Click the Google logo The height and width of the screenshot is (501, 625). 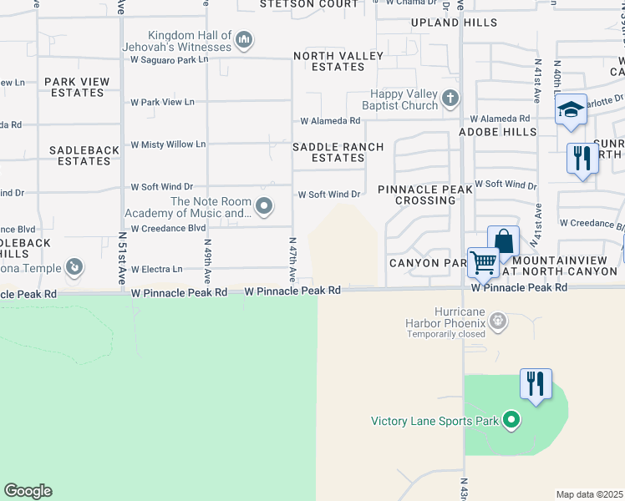pyautogui.click(x=28, y=491)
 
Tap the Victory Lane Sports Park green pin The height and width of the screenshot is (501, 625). pyautogui.click(x=512, y=421)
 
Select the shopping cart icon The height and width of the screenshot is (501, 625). pyautogui.click(x=483, y=262)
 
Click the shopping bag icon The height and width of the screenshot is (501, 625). pyautogui.click(x=503, y=241)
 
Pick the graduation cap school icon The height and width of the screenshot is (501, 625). pyautogui.click(x=571, y=110)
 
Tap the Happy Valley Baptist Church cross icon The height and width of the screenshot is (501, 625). pyautogui.click(x=450, y=99)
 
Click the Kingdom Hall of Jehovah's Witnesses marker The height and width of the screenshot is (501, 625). pyautogui.click(x=244, y=39)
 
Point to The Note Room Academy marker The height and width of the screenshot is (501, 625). pyautogui.click(x=264, y=205)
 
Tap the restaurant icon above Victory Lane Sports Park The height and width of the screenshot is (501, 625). pyautogui.click(x=535, y=384)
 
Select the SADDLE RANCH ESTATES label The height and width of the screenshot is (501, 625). pyautogui.click(x=338, y=152)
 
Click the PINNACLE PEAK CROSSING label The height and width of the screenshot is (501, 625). pyautogui.click(x=425, y=195)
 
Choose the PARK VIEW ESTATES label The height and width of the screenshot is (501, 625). pyautogui.click(x=76, y=87)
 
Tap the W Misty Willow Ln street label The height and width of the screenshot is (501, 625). pyautogui.click(x=168, y=144)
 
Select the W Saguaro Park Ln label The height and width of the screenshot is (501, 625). pyautogui.click(x=169, y=60)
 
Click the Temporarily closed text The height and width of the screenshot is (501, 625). pyautogui.click(x=447, y=335)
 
